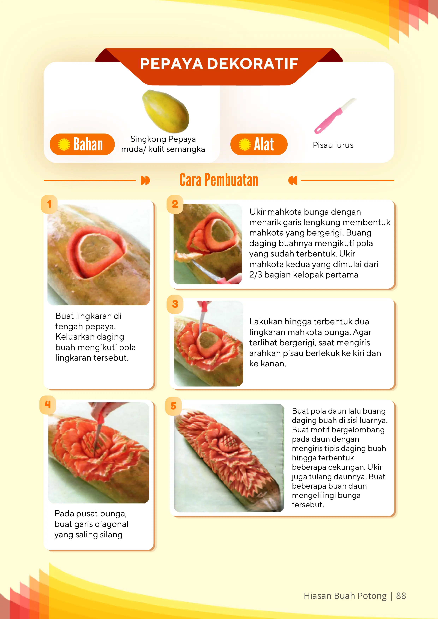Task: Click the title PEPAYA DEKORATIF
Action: (x=219, y=64)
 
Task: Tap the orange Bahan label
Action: (x=82, y=144)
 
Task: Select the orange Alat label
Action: (x=259, y=144)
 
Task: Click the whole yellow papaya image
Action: (x=166, y=111)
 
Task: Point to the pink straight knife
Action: (x=335, y=116)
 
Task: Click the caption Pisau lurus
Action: (x=333, y=145)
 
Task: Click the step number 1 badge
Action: (x=49, y=204)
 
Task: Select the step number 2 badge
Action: (x=175, y=204)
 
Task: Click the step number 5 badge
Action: (x=173, y=406)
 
